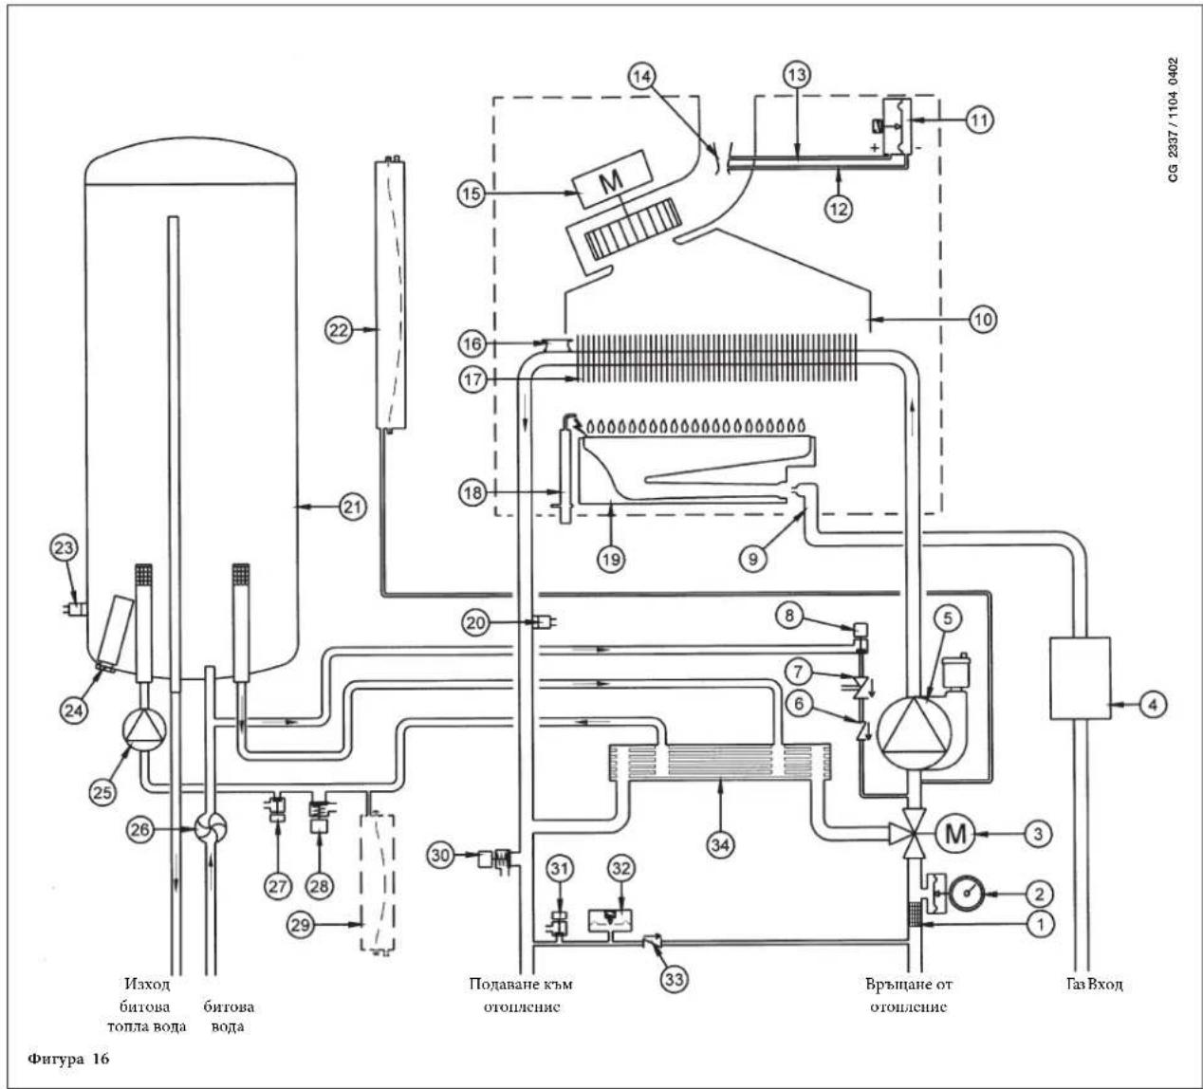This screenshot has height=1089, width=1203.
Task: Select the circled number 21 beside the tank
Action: [x=352, y=508]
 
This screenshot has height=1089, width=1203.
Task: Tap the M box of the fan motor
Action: [x=612, y=178]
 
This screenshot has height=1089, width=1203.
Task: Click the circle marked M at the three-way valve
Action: [x=955, y=834]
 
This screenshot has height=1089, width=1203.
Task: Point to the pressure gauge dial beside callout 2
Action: [x=968, y=894]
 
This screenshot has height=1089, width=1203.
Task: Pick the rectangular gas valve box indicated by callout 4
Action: [x=1080, y=678]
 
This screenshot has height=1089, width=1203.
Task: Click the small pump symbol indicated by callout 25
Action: [x=144, y=728]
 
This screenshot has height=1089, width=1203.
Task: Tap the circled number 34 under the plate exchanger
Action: [x=720, y=845]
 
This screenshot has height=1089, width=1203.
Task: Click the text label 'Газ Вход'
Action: [x=1095, y=984]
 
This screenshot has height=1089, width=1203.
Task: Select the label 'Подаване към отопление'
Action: [x=522, y=995]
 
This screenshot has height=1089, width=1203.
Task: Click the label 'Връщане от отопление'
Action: [x=909, y=995]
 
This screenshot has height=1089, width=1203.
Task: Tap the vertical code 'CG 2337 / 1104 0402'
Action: [x=1174, y=120]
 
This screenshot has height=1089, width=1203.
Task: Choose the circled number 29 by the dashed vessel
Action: [x=301, y=925]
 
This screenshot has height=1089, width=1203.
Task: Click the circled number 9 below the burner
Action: [x=752, y=559]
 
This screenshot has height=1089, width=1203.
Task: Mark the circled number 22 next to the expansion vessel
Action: [x=340, y=330]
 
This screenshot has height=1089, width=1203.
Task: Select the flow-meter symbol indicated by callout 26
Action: [x=211, y=830]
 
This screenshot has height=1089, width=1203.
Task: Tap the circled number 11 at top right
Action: [x=979, y=120]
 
